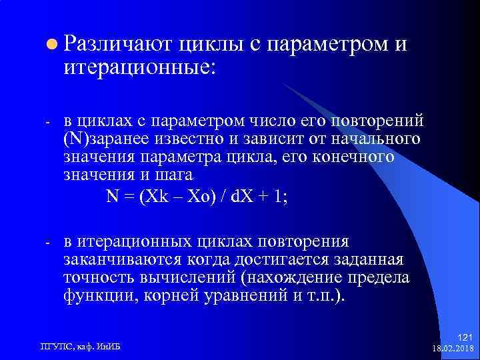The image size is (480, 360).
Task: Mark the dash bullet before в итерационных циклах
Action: pyautogui.click(x=48, y=242)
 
